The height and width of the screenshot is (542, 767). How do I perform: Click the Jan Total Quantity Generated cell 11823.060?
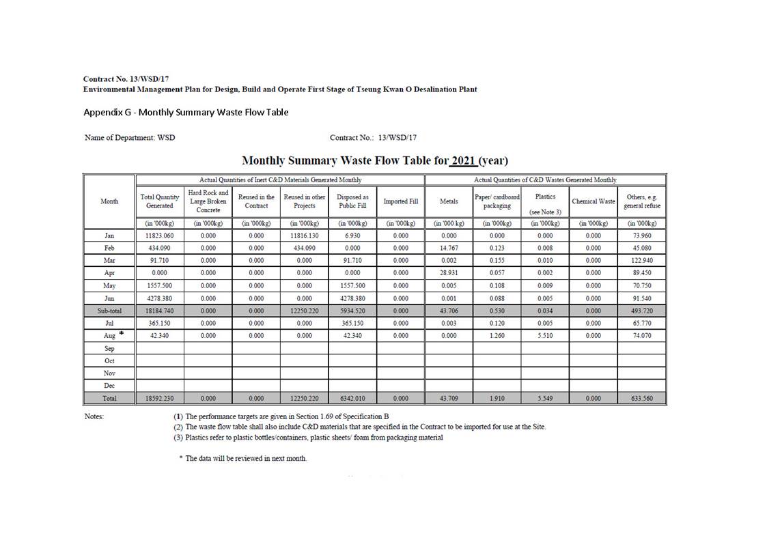pos(160,236)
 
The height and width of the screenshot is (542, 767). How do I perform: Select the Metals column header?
pos(449,201)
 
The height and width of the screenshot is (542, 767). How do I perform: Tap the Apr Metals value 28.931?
pos(449,273)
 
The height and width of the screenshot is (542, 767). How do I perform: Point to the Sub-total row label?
pos(109,311)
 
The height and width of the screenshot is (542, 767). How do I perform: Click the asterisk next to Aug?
pos(121,333)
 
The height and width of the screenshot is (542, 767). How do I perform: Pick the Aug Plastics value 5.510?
pos(545,335)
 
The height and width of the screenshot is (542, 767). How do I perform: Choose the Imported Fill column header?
pos(400,201)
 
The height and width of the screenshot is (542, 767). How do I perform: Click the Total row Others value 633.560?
pos(642,398)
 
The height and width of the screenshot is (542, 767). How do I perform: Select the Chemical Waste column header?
pos(594,201)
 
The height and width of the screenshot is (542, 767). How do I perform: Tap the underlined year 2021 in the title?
pos(462,161)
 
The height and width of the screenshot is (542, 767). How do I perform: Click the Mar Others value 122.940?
pos(642,261)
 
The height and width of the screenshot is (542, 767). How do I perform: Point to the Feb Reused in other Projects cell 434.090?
pos(305,248)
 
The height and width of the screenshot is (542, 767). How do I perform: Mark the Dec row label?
pos(109,386)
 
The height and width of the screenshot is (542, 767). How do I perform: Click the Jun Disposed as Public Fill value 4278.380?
pos(352,298)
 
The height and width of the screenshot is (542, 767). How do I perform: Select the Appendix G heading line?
pos(186,112)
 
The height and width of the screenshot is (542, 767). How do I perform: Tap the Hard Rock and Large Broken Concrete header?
pos(208,201)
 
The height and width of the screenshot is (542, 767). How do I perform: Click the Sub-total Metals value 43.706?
pos(449,311)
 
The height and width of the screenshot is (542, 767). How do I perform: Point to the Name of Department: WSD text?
pos(130,138)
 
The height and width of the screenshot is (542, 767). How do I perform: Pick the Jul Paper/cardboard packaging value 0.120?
pos(497,323)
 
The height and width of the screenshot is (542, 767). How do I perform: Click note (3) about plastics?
pos(308,438)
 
